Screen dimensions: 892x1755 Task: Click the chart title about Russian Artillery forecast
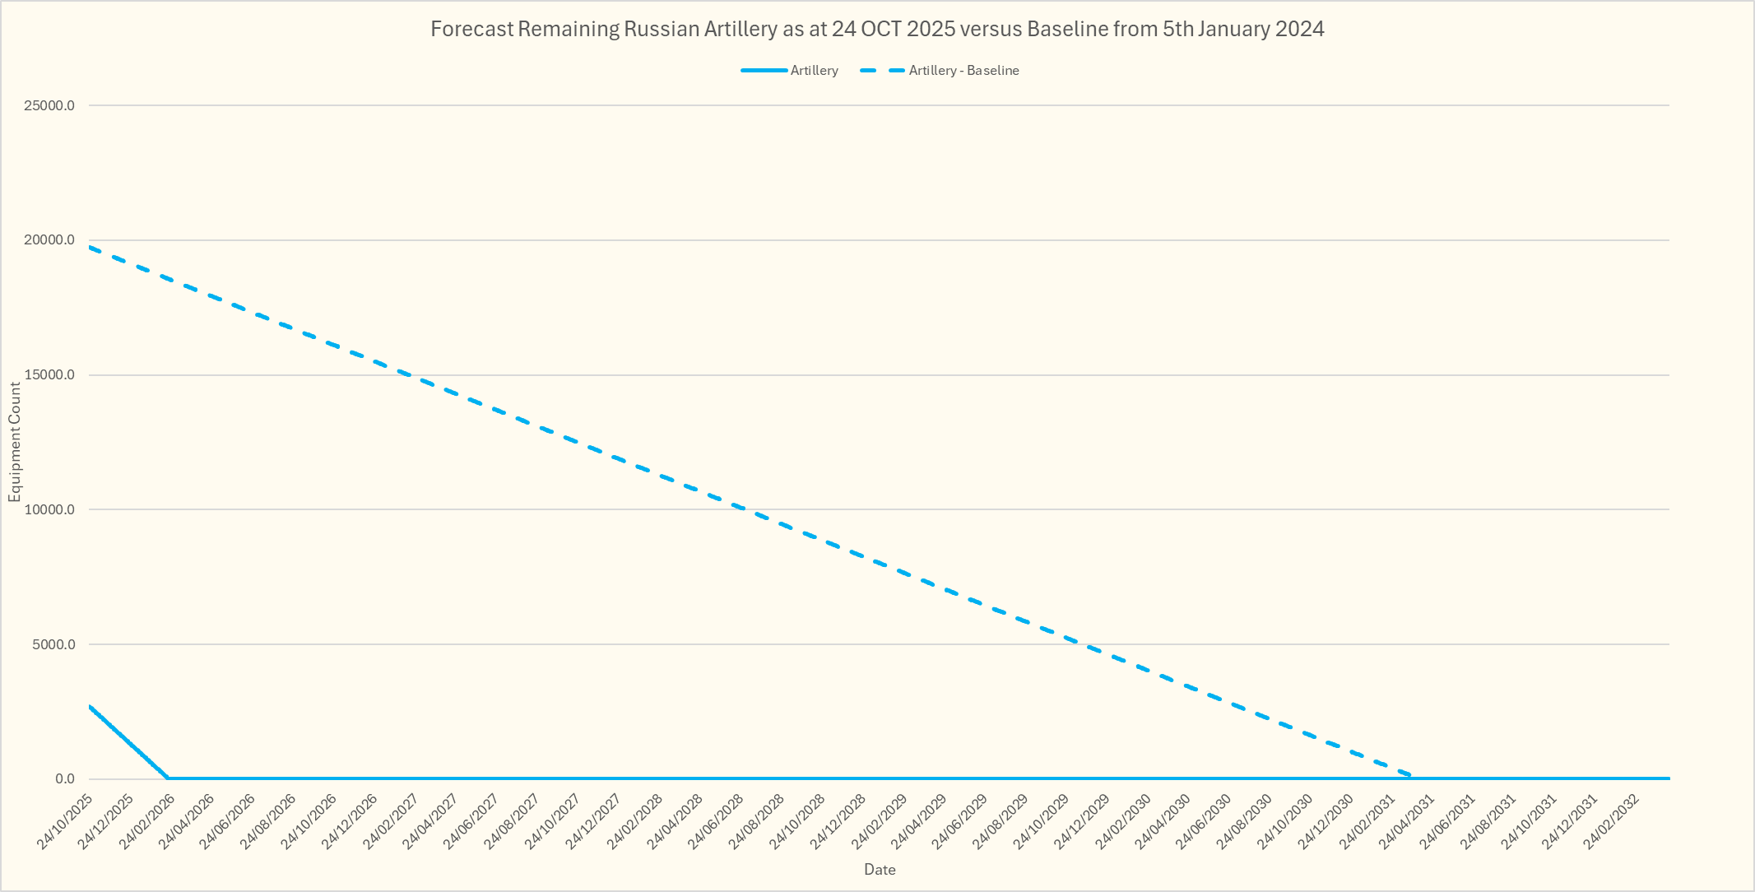point(877,30)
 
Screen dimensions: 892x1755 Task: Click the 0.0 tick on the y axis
point(65,779)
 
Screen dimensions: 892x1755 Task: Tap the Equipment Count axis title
point(15,442)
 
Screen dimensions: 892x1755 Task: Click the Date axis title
point(880,870)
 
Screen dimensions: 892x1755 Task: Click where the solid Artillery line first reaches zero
point(169,778)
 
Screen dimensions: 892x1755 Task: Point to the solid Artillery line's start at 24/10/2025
point(89,706)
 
